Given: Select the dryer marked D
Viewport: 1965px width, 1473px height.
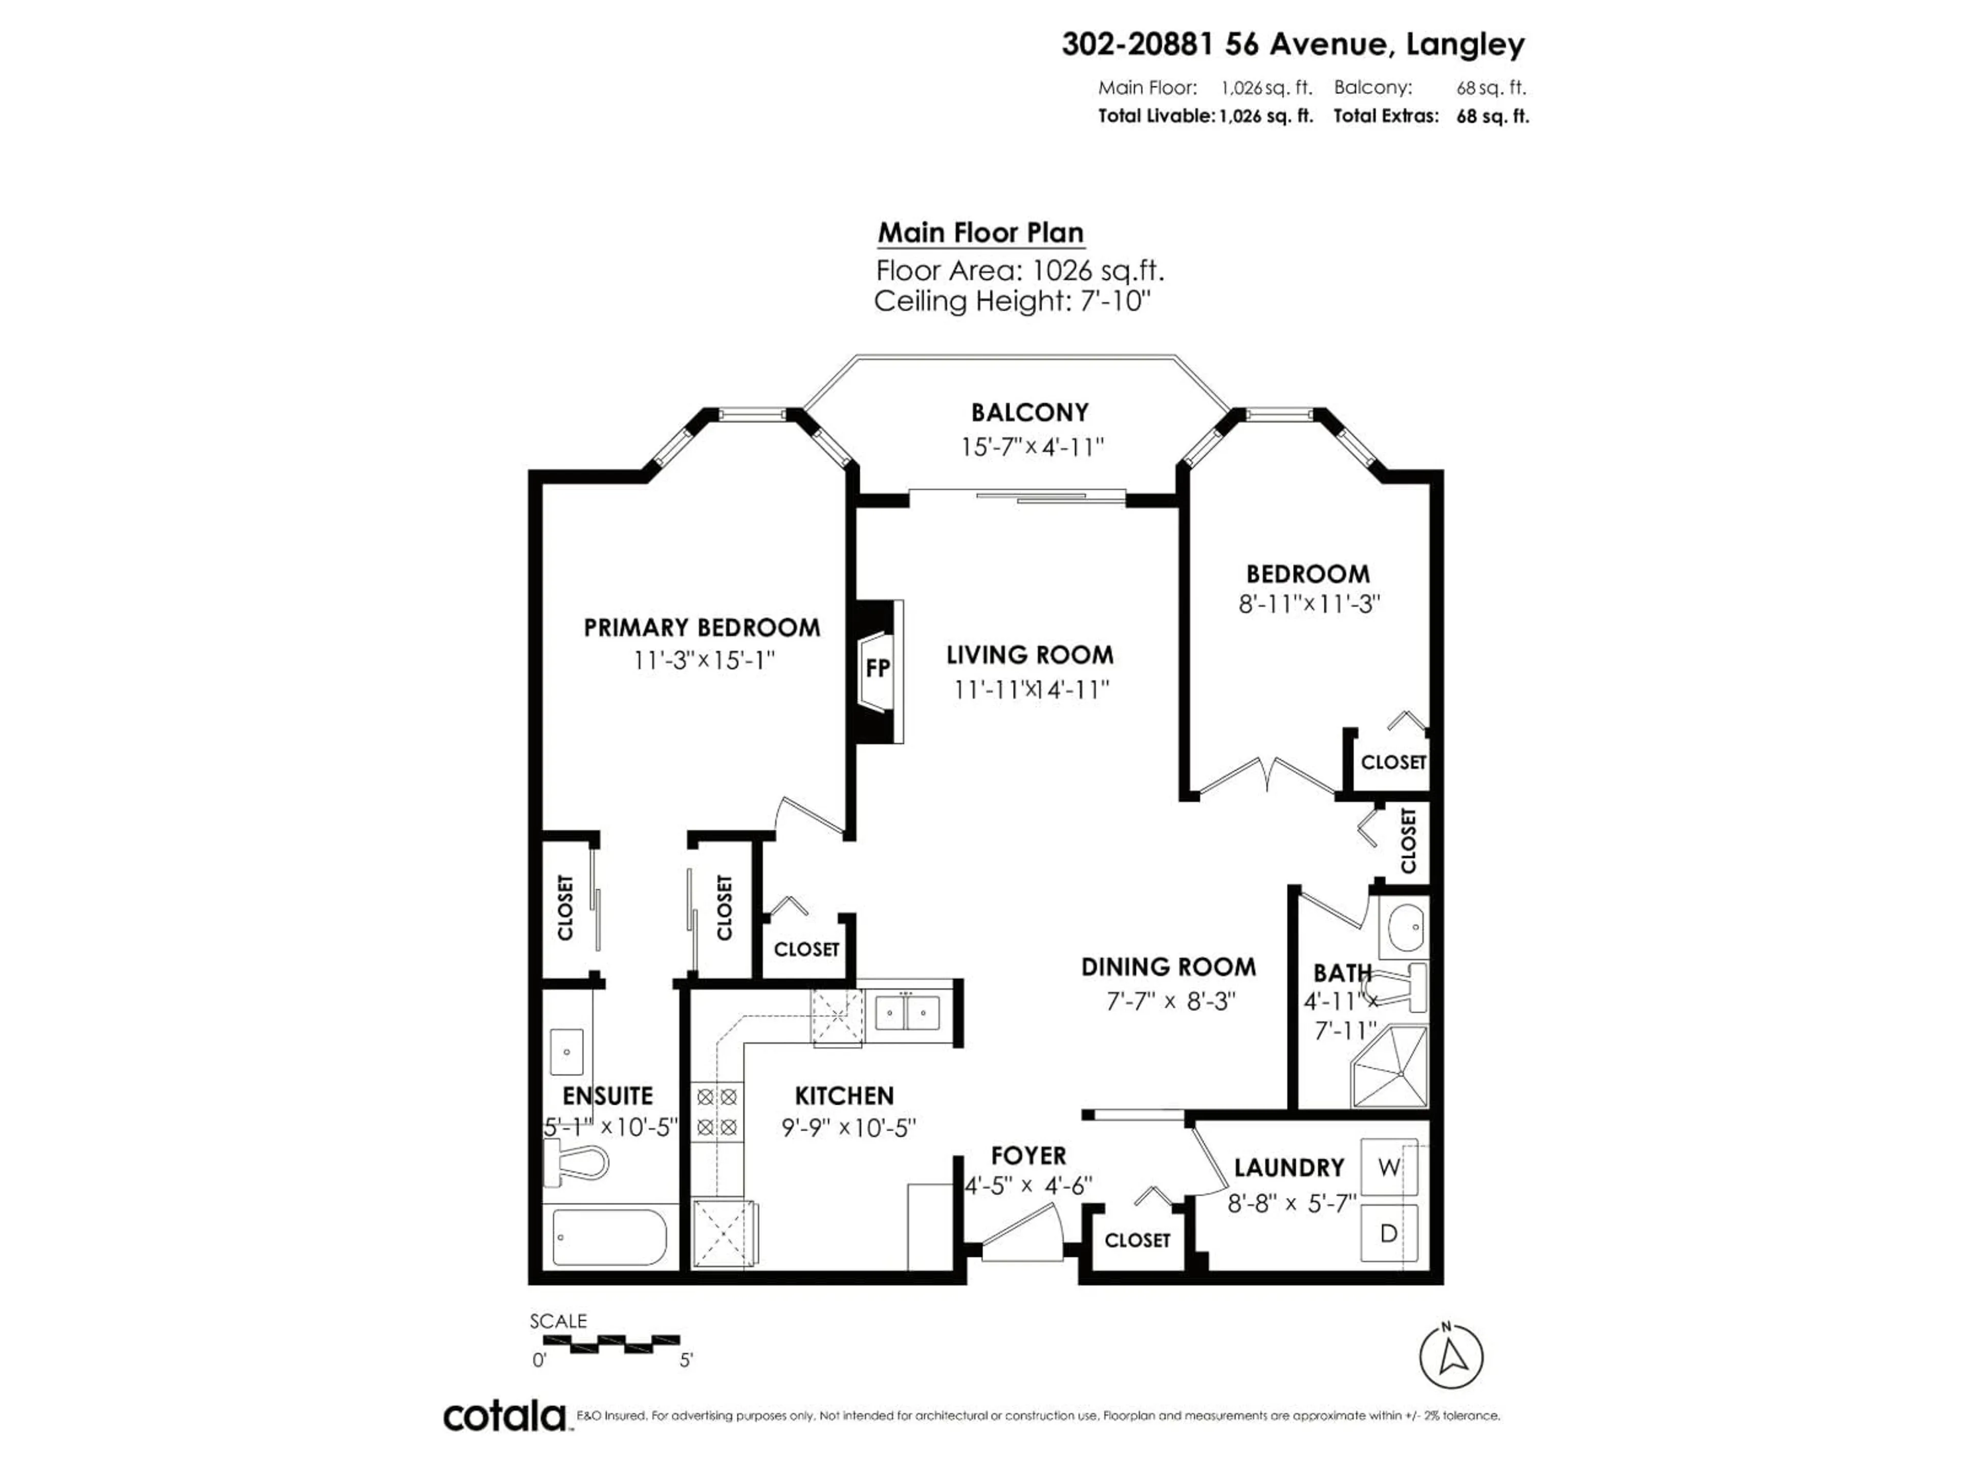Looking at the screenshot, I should pyautogui.click(x=1388, y=1233).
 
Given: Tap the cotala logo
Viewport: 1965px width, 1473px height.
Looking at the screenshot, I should pyautogui.click(x=505, y=1416).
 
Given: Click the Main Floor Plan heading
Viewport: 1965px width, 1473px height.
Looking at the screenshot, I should pyautogui.click(x=981, y=233).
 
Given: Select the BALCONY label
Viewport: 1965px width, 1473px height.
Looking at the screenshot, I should pyautogui.click(x=1030, y=413).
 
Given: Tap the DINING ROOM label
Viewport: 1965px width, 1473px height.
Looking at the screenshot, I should pyautogui.click(x=1168, y=967).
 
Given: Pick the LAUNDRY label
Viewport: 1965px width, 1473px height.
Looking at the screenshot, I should pyautogui.click(x=1289, y=1168).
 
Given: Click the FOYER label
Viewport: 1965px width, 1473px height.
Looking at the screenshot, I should pyautogui.click(x=1029, y=1156).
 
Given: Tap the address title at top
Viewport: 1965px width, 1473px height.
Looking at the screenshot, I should pyautogui.click(x=1293, y=44).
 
